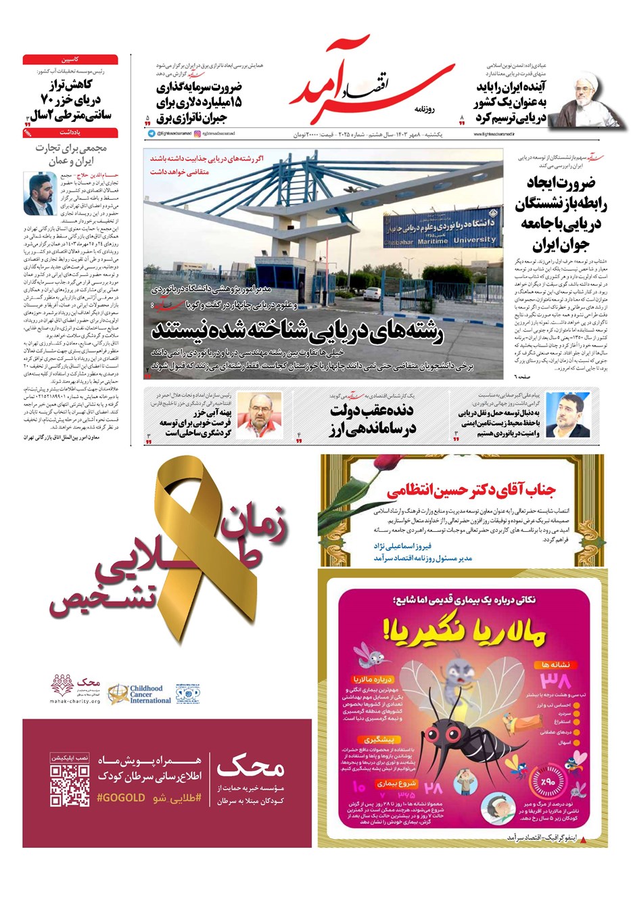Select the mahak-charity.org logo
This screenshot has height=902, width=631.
pyautogui.click(x=75, y=690)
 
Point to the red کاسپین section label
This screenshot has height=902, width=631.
pyautogui.click(x=70, y=60)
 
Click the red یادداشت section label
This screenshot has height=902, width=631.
pyautogui.click(x=70, y=133)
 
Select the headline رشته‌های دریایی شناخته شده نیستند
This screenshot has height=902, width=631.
pyautogui.click(x=298, y=332)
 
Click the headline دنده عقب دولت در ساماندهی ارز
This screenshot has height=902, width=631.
pyautogui.click(x=372, y=420)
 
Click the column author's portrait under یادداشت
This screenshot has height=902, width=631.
pyautogui.click(x=39, y=194)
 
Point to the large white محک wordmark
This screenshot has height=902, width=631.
pyautogui.click(x=250, y=767)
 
